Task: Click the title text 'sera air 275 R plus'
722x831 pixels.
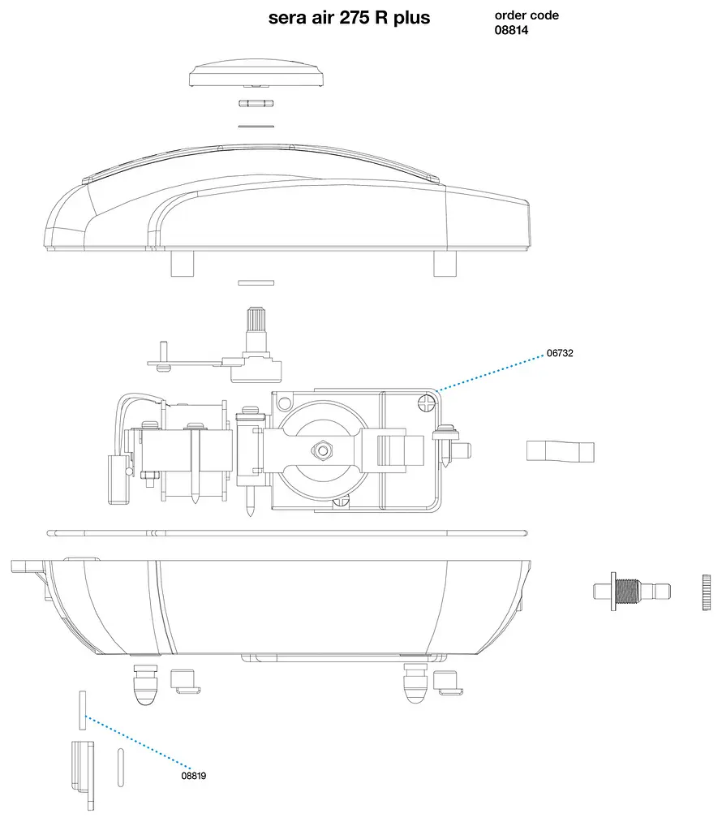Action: pyautogui.click(x=349, y=18)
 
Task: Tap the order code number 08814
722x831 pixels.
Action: pyautogui.click(x=511, y=30)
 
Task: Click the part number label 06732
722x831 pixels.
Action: pyautogui.click(x=560, y=353)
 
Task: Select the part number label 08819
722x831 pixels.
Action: pyautogui.click(x=193, y=775)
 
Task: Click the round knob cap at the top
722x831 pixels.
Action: pyautogui.click(x=256, y=74)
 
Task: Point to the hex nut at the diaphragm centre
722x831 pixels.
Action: pyautogui.click(x=321, y=450)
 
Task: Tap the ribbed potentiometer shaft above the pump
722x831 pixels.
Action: pyautogui.click(x=256, y=322)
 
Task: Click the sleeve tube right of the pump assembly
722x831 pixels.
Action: pyautogui.click(x=561, y=451)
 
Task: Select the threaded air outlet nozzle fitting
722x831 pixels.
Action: pyautogui.click(x=632, y=591)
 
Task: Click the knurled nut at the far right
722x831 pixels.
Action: pyautogui.click(x=706, y=592)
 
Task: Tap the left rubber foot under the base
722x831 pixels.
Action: pyautogui.click(x=144, y=684)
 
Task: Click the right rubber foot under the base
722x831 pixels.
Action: pyautogui.click(x=415, y=683)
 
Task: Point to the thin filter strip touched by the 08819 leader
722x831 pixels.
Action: pyautogui.click(x=83, y=710)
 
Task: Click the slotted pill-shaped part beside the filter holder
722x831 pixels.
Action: pyautogui.click(x=121, y=768)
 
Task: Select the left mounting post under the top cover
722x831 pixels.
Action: pyautogui.click(x=183, y=264)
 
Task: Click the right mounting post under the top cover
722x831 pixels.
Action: pyautogui.click(x=445, y=264)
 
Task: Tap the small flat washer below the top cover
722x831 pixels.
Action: pyautogui.click(x=256, y=283)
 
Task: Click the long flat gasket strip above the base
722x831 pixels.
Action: pyautogui.click(x=287, y=533)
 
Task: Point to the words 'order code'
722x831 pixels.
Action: pyautogui.click(x=526, y=15)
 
